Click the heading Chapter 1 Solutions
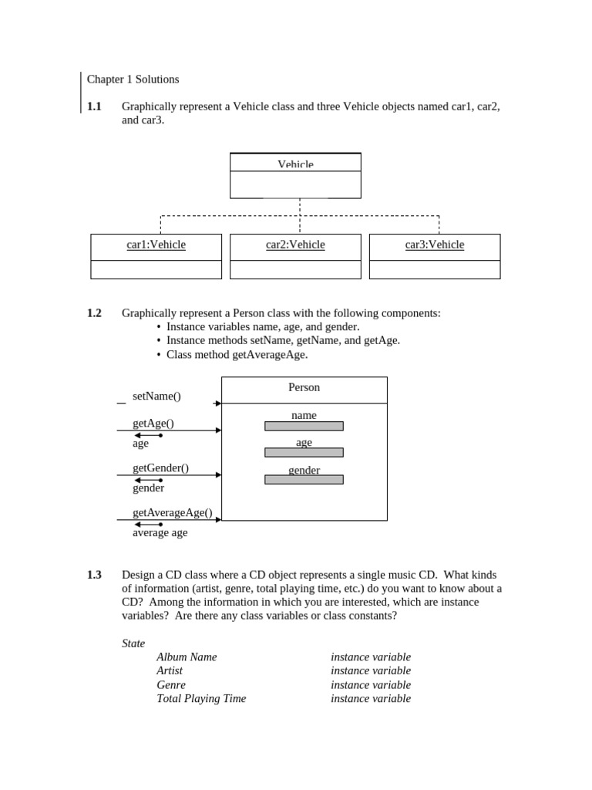coord(133,79)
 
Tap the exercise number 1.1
coord(94,106)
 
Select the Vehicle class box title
coord(295,164)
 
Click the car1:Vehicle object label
coord(156,245)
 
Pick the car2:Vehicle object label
coord(295,245)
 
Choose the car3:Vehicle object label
coord(435,245)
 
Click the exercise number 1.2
coord(94,313)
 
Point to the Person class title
coord(304,387)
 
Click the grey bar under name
coord(304,426)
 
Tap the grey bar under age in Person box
coord(304,453)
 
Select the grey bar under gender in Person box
coord(304,480)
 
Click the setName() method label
coord(156,397)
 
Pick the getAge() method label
coord(153,424)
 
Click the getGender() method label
coord(160,468)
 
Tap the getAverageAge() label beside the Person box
coord(172,512)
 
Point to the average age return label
coord(160,532)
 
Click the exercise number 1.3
coord(94,575)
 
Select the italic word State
coord(133,643)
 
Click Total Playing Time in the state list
coord(201,699)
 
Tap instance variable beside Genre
coord(371,685)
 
